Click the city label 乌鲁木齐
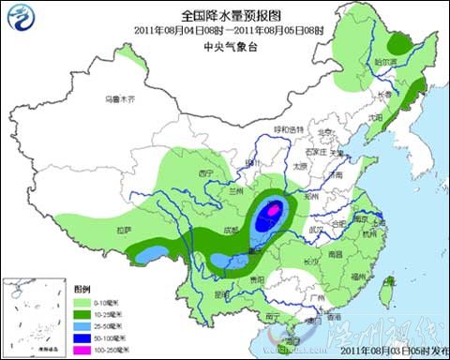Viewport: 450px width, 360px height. coord(120,97)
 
